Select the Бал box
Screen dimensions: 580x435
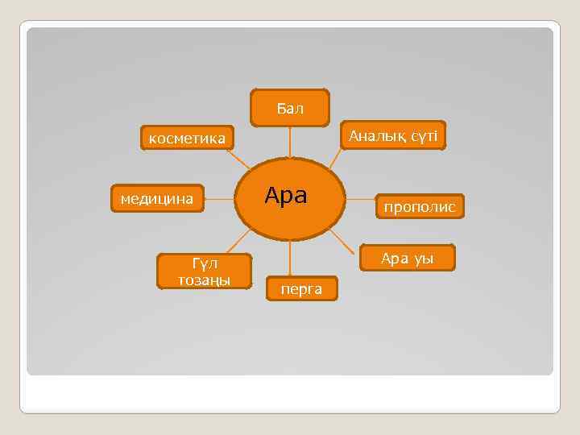pyautogui.click(x=290, y=108)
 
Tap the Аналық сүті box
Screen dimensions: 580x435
pyautogui.click(x=392, y=136)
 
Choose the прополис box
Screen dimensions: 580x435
pyautogui.click(x=419, y=207)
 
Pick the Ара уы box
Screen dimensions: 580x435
pyautogui.click(x=407, y=258)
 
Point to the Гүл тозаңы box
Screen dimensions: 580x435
pyautogui.click(x=205, y=271)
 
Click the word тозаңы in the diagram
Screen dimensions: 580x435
pyautogui.click(x=205, y=280)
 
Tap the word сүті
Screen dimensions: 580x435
pyautogui.click(x=423, y=136)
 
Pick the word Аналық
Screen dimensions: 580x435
pyautogui.click(x=377, y=136)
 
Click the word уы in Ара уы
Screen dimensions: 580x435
pyautogui.click(x=424, y=259)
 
